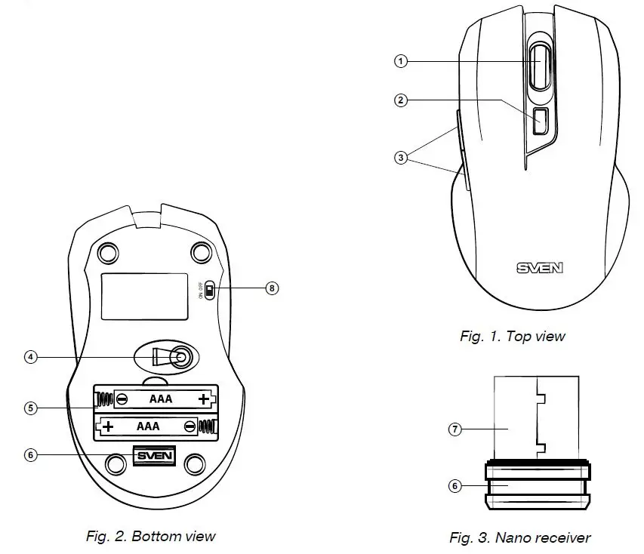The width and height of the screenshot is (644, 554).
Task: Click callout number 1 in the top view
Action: [401, 62]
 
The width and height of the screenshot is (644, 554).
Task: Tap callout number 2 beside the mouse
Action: [401, 100]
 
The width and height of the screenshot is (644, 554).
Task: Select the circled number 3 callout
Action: [401, 158]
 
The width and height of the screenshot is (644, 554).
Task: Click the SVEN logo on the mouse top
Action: [540, 267]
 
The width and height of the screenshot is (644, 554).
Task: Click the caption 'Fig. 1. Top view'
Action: [512, 337]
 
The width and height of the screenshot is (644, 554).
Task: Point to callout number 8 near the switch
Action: [273, 288]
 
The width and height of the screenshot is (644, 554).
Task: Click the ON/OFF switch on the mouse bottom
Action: [211, 291]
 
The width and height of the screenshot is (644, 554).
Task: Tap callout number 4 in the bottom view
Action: [30, 357]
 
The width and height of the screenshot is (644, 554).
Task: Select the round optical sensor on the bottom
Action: [179, 358]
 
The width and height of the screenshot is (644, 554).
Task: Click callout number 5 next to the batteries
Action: [30, 408]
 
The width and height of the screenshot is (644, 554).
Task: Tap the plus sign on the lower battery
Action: [109, 427]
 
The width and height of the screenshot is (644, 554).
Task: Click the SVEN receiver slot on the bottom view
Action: [154, 456]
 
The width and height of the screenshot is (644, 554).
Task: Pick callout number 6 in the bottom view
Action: [30, 455]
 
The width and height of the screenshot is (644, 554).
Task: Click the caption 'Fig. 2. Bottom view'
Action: [150, 537]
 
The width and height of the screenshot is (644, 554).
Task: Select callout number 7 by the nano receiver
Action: [454, 429]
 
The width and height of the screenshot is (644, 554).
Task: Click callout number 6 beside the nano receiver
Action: [454, 486]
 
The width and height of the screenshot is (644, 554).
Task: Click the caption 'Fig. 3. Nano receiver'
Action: [519, 538]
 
